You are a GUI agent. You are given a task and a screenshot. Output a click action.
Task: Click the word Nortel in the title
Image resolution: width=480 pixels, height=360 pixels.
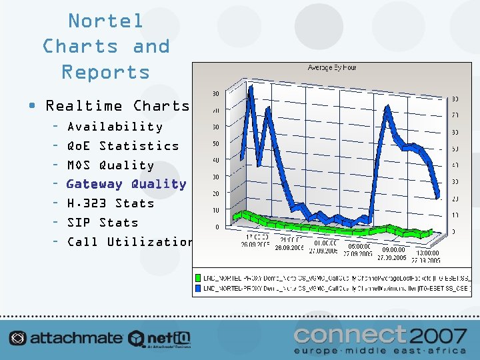105,21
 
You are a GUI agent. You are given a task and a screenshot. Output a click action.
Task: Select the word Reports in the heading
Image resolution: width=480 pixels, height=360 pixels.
105,72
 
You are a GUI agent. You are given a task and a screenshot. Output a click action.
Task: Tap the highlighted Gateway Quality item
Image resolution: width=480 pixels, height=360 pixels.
126,184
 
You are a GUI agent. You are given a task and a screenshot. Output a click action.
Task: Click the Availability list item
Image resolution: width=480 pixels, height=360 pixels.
115,126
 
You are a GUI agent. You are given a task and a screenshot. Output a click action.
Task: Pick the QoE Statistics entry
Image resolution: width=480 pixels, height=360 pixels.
123,145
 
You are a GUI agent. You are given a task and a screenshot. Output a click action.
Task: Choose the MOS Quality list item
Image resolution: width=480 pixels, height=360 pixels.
110,165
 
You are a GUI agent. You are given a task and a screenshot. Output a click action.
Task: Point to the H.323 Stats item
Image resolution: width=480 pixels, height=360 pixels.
110,203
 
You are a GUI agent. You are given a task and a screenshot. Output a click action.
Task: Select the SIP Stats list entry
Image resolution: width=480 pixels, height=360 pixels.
102,223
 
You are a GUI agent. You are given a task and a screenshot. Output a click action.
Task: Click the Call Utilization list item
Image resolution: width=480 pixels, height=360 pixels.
129,242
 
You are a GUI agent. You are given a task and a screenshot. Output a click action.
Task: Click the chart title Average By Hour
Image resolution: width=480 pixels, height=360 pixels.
331,68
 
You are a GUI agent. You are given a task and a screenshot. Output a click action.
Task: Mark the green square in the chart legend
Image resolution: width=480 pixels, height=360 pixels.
198,277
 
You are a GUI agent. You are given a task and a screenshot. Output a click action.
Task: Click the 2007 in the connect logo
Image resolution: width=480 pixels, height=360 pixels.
439,333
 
